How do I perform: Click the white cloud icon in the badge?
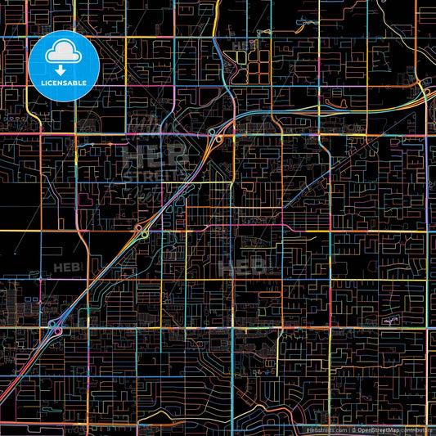coord(63,52)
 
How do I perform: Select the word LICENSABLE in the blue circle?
coord(63,83)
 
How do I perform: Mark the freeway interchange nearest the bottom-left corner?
coord(56,328)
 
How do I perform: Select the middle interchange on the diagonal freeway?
coord(141,231)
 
